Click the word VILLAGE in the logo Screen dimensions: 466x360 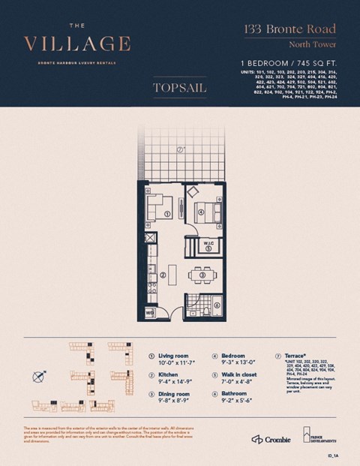tap(77, 44)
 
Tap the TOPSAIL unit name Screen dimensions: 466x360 tap(180, 88)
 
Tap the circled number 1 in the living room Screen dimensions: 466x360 tap(167, 214)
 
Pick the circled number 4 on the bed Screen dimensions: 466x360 tap(202, 212)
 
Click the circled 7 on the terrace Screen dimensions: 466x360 tap(181, 149)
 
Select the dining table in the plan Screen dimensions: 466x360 tap(202, 276)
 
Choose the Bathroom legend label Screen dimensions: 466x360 tap(236, 392)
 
